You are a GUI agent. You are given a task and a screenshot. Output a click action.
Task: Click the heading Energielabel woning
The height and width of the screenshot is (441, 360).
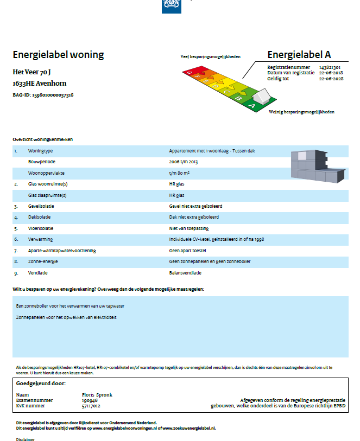pyautogui.click(x=58, y=55)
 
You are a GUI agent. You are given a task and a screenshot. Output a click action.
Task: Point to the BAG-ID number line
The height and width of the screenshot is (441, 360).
pyautogui.click(x=43, y=95)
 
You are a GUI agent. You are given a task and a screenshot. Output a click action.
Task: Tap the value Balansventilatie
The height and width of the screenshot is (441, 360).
pyautogui.click(x=185, y=272)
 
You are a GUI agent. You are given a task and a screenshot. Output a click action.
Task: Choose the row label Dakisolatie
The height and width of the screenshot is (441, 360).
pyautogui.click(x=40, y=217)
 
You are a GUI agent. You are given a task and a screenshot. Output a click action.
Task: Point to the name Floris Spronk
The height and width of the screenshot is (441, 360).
pyautogui.click(x=97, y=395)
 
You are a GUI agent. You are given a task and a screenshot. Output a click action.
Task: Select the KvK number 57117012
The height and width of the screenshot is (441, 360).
pyautogui.click(x=91, y=406)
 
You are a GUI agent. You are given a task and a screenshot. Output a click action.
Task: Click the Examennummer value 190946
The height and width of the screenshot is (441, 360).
pyautogui.click(x=89, y=400)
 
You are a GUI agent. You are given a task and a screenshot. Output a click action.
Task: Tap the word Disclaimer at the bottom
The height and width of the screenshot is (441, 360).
pyautogui.click(x=25, y=439)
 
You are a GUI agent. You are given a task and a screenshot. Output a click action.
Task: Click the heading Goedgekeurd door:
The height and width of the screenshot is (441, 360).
pyautogui.click(x=41, y=384)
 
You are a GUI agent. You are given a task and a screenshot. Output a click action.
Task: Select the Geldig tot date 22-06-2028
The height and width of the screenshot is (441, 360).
pyautogui.click(x=330, y=78)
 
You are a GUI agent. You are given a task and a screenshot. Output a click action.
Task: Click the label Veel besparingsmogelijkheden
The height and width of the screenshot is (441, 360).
pyautogui.click(x=210, y=56)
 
